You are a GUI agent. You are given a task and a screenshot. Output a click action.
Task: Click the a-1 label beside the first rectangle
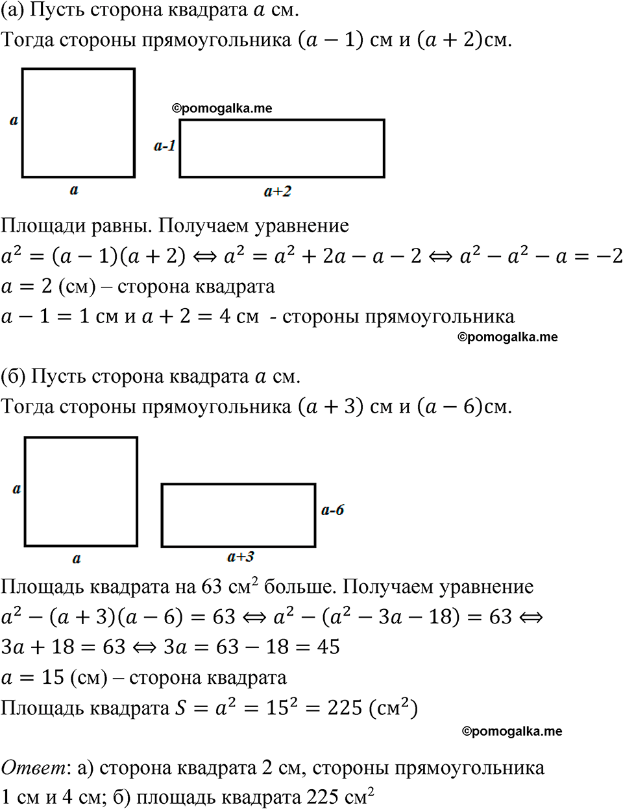(x=165, y=146)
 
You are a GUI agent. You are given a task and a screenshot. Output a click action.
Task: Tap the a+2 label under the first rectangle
(x=278, y=191)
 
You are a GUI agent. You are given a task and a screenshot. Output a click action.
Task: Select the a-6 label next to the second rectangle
(x=332, y=510)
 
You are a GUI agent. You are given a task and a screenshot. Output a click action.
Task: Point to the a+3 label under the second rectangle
(x=241, y=557)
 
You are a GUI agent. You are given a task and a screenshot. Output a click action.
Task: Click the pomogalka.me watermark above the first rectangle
(x=222, y=108)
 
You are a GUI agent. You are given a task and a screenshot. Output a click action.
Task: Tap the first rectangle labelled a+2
(x=282, y=149)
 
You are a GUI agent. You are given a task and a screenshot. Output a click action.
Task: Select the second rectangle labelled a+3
(x=238, y=515)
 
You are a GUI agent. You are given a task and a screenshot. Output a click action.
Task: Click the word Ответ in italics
(x=33, y=767)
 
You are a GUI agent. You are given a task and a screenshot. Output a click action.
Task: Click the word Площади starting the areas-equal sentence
(x=39, y=226)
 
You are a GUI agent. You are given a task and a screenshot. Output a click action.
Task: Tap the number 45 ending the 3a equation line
(x=328, y=647)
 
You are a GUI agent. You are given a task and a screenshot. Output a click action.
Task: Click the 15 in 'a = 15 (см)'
(x=53, y=677)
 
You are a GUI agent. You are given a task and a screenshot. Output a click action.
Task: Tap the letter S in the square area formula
(x=181, y=708)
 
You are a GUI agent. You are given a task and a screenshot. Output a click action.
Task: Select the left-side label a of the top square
(x=14, y=120)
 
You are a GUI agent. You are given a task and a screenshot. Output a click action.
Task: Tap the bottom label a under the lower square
(x=77, y=559)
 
